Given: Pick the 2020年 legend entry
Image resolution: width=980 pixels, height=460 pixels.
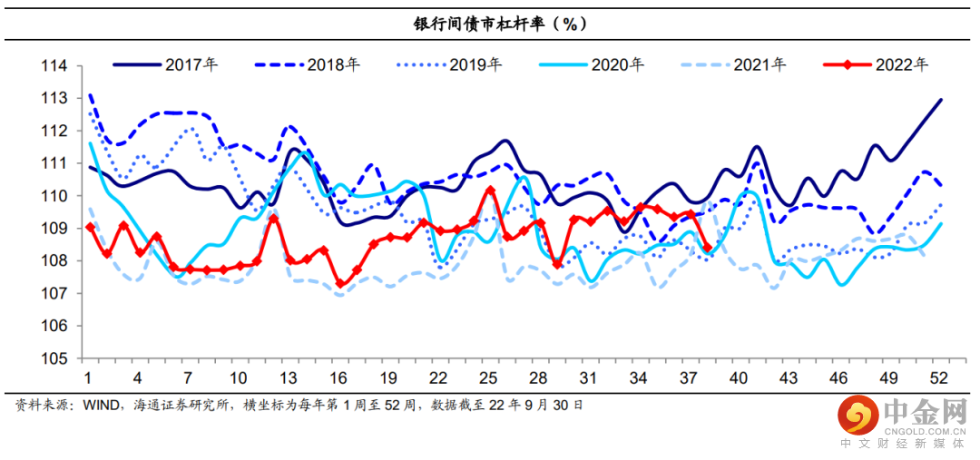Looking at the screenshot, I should (617, 64).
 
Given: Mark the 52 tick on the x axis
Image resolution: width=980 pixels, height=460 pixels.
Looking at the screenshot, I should (940, 378).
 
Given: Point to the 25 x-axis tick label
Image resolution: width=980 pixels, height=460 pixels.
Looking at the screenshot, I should (487, 378).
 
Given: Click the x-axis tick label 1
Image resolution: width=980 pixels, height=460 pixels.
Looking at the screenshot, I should (89, 378).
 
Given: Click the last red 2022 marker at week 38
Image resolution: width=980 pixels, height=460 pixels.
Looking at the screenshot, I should (707, 248).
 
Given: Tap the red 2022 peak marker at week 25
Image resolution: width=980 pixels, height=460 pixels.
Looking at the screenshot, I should (490, 191).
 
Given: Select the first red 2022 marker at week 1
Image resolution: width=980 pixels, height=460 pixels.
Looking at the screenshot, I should (89, 227).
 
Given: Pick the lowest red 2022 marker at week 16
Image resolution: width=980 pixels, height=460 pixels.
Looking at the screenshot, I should (340, 283).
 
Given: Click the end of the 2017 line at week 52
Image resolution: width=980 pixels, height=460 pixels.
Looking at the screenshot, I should (940, 100).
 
